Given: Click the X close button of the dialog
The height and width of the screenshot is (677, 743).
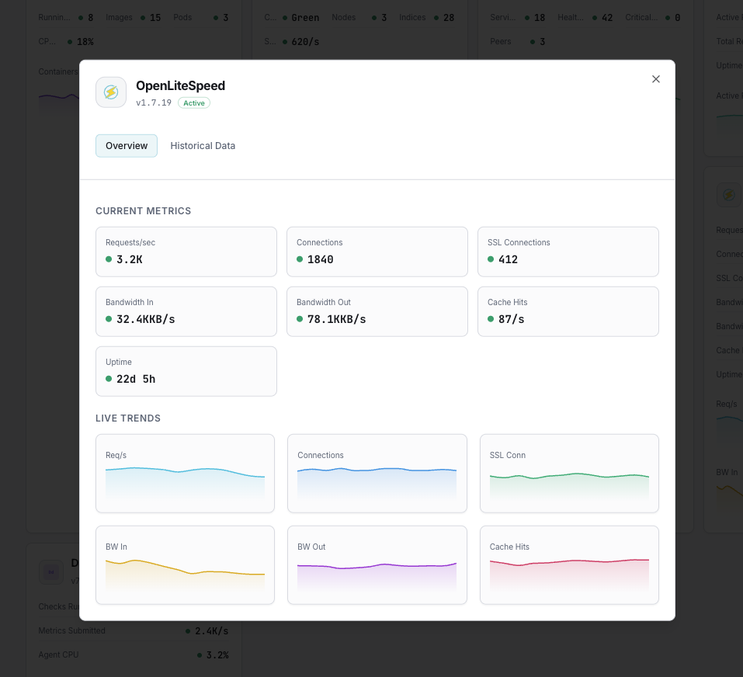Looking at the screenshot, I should pos(656,79).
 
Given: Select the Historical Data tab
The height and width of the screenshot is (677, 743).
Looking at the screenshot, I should pos(203,146).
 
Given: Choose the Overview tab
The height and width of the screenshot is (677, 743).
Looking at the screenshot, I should pos(127,146).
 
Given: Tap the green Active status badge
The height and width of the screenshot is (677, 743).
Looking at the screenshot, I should pos(194,102).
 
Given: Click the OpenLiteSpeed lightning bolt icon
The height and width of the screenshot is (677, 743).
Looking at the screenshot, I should pos(111,92).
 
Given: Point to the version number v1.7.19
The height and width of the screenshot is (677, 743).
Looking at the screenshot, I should pos(154,102).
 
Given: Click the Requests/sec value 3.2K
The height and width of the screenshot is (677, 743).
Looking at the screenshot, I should pos(129,259).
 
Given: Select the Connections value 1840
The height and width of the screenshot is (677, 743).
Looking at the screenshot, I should pos(320,259).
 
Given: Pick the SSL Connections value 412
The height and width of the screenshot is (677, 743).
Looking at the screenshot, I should pos(508,259).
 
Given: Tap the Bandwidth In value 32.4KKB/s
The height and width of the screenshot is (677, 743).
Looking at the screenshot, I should pos(145,319).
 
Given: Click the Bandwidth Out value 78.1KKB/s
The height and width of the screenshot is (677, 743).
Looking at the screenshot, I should pos(336,319).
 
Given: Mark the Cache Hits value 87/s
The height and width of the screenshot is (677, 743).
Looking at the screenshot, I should pos(511,319).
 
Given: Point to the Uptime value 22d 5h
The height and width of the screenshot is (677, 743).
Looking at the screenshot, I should pos(136,379).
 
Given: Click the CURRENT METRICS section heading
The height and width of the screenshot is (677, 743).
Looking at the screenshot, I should pos(143,211).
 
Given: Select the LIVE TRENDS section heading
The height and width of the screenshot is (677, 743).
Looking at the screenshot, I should pos(128,418).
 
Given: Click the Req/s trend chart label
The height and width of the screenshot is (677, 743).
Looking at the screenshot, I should pos(116,455).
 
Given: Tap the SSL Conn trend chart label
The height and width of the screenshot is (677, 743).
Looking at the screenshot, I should pos(508,455).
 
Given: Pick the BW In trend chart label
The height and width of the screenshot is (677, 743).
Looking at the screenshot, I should pos(116,547).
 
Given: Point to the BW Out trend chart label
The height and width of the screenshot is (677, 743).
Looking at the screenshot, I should pos(311,547).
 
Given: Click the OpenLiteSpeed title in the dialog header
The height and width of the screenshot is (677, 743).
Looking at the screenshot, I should pos(180,85).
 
